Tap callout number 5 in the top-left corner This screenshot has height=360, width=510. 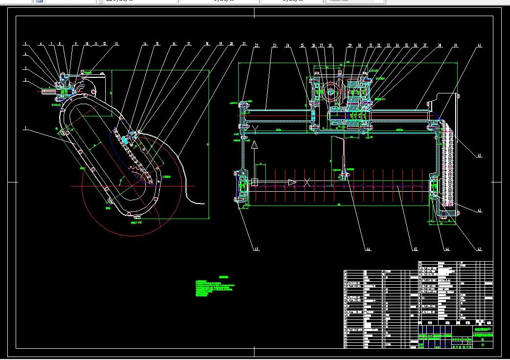[26, 44]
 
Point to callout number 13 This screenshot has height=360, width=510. [116, 44]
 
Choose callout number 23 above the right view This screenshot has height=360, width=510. [275, 45]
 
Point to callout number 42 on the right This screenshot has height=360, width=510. [480, 211]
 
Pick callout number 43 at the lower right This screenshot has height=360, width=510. [480, 249]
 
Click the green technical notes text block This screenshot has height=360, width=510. [215, 289]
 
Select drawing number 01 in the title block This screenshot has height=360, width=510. [483, 345]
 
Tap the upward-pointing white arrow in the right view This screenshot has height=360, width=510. [255, 145]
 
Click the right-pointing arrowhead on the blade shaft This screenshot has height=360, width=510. [292, 182]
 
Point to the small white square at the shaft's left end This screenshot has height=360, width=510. [255, 182]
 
